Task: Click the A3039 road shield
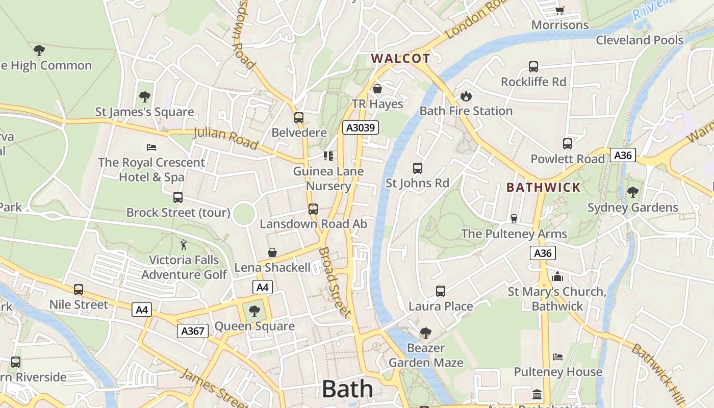(361, 127)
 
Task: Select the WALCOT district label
(401, 59)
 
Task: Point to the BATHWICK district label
(544, 187)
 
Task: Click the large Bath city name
(347, 389)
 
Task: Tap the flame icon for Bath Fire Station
(466, 96)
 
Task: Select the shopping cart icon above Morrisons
(559, 10)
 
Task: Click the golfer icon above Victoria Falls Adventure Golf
(184, 245)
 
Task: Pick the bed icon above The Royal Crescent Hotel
(151, 147)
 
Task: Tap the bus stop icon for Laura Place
(441, 291)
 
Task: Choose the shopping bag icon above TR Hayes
(377, 89)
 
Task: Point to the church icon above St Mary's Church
(557, 276)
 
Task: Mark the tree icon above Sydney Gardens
(633, 192)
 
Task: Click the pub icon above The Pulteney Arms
(514, 219)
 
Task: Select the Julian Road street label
(225, 138)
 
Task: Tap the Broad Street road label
(335, 282)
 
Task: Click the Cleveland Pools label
(640, 40)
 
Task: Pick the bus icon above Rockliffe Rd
(533, 67)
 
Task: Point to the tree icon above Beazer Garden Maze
(425, 334)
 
